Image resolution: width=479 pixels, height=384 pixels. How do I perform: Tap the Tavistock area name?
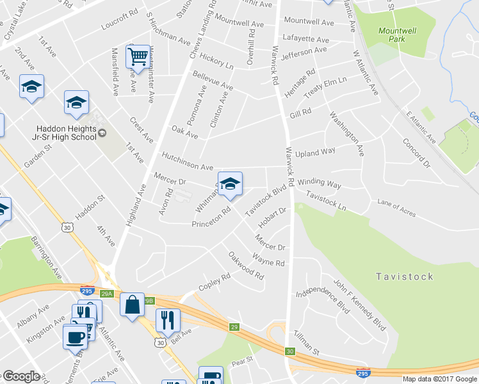[404, 276]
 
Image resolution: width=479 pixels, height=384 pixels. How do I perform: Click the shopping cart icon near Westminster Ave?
[138, 58]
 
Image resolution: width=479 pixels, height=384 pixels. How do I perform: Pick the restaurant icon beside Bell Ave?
[167, 320]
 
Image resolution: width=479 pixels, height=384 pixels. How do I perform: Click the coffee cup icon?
[75, 336]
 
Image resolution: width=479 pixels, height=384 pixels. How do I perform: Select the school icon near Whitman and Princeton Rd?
[230, 184]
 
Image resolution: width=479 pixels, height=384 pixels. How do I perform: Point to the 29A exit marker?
[107, 293]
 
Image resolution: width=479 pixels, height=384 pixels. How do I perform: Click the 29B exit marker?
[149, 300]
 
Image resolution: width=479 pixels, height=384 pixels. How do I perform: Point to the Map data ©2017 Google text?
[439, 379]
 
